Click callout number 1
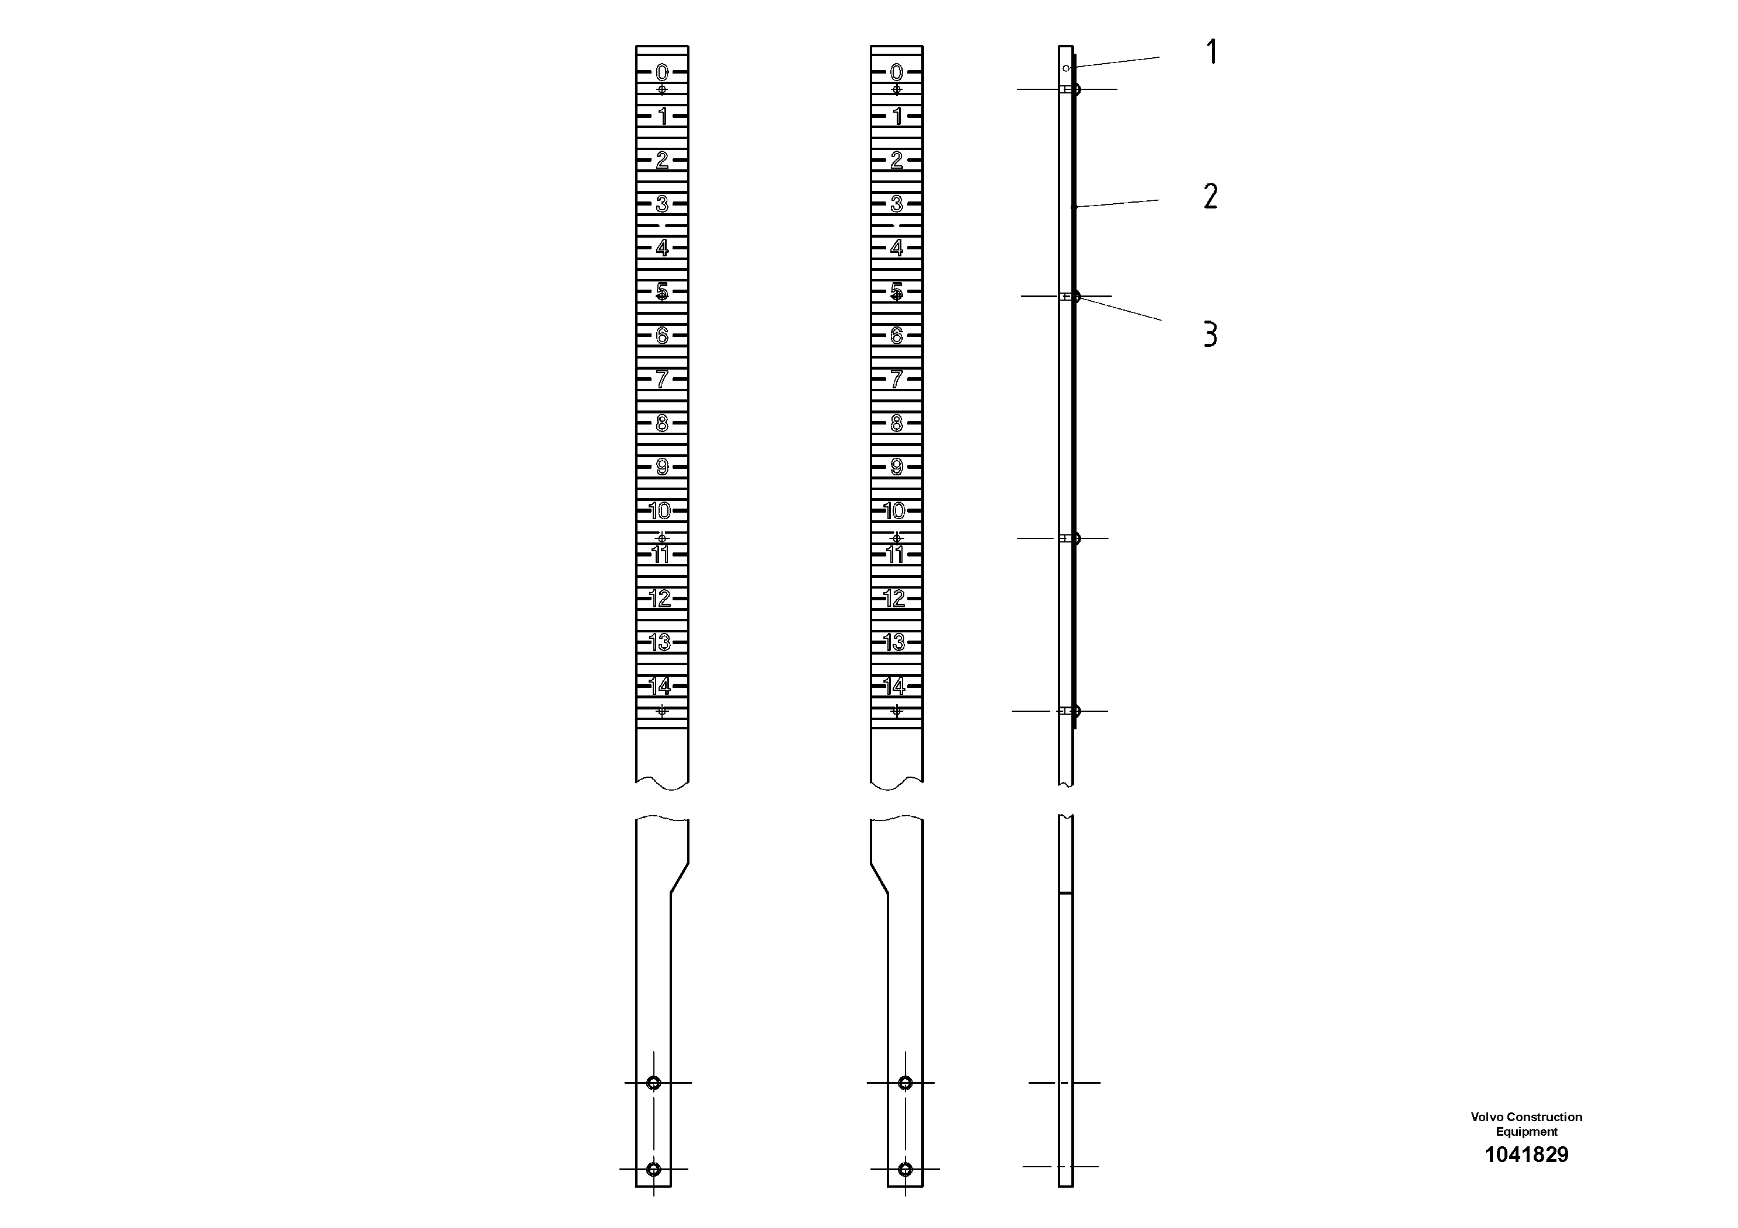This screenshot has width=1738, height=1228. [x=1211, y=52]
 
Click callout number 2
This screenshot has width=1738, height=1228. [x=1210, y=197]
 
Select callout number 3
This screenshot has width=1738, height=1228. [x=1210, y=334]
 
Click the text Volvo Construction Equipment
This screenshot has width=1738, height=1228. [x=1526, y=1124]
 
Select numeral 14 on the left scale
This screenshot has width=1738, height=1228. [x=660, y=686]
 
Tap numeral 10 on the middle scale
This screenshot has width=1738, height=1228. [x=895, y=511]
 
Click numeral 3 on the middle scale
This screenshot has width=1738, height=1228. [x=896, y=204]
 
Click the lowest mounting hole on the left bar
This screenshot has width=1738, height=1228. [x=654, y=1169]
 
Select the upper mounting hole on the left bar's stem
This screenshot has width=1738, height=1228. [x=654, y=1083]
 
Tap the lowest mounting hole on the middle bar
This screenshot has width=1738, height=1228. [x=904, y=1169]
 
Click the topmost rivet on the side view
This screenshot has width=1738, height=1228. [x=1075, y=89]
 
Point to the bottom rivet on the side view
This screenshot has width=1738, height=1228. [x=1075, y=711]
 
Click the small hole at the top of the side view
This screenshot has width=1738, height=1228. [x=1066, y=68]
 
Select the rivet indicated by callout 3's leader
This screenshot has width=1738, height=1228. [x=1075, y=296]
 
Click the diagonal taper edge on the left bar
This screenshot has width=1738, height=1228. [x=679, y=878]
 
